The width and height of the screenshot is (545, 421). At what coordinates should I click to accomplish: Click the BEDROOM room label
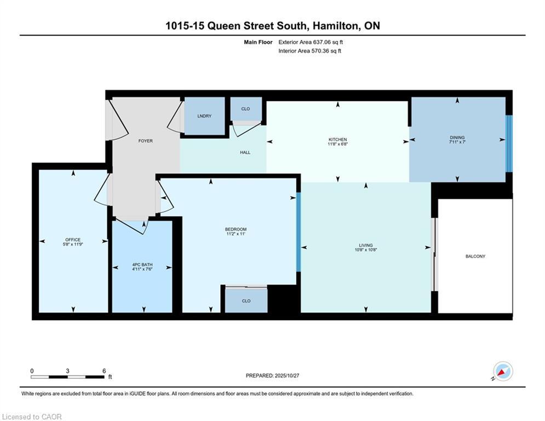pos(236,229)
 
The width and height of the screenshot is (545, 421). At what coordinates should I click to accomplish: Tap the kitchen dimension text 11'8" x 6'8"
pos(337,145)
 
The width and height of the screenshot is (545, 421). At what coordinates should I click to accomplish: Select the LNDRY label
pos(204,116)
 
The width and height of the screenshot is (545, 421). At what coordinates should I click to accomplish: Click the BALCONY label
pos(475,256)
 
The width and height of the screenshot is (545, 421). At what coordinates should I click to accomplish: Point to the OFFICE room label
pos(73,240)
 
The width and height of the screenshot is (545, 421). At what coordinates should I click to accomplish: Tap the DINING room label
pos(457,138)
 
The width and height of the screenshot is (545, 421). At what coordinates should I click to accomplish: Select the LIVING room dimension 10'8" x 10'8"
pos(365,250)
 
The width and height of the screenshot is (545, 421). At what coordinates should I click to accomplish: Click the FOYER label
pos(145,141)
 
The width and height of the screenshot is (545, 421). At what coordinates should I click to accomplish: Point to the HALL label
pos(245,152)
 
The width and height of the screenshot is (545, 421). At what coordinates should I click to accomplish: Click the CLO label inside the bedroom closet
pos(246,301)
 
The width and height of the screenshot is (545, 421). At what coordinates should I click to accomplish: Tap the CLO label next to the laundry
pos(245,109)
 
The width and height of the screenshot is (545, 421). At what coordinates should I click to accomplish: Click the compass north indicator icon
pos(502,372)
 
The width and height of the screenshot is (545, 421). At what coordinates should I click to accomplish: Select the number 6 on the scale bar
pos(104,371)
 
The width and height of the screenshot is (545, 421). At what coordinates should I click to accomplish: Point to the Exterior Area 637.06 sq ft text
pos(311,42)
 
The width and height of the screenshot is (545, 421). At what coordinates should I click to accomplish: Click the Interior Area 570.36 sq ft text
pos(310,51)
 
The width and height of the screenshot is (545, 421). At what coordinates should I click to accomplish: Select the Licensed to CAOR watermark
pos(32,417)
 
